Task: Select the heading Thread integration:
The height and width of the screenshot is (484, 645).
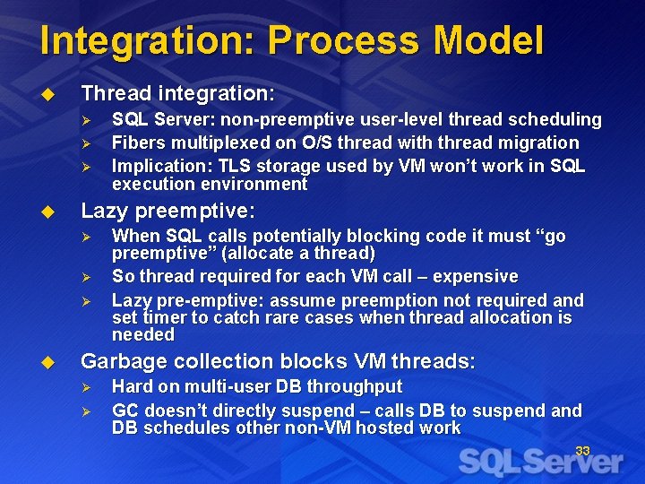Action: tap(177, 93)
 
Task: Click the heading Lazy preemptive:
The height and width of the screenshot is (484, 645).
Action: tap(168, 212)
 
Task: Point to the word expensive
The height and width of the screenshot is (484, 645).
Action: tap(475, 277)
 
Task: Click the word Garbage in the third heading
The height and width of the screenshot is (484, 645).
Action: tap(117, 362)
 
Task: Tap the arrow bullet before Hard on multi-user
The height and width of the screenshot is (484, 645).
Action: tap(87, 387)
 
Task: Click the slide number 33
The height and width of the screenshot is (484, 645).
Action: tap(582, 451)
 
